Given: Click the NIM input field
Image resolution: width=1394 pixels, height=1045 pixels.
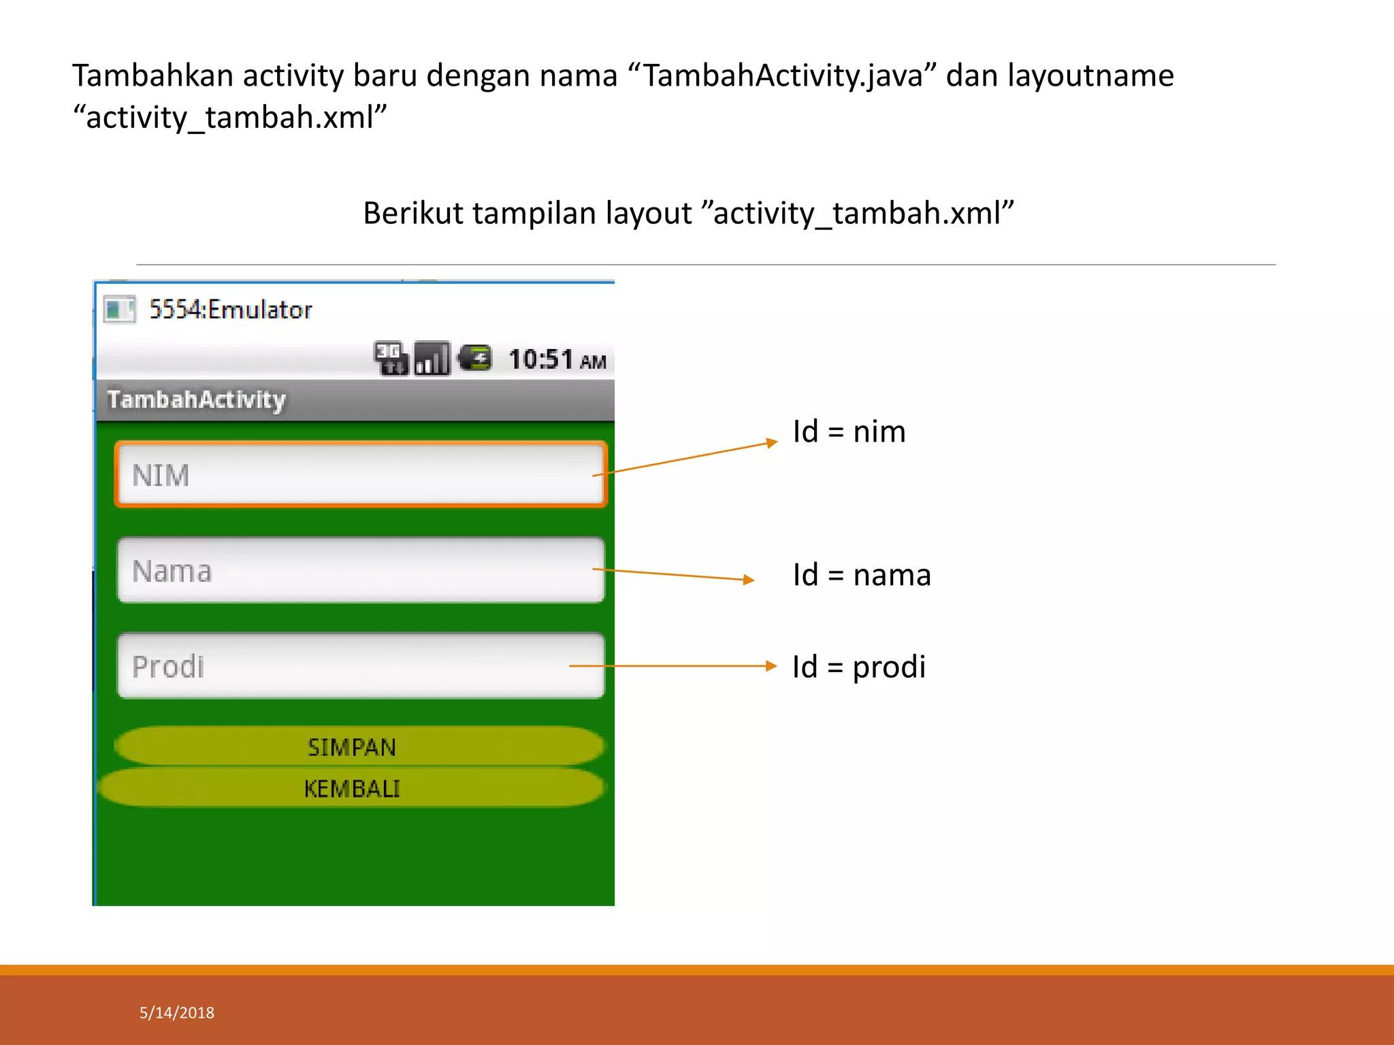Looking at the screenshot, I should point(361,474).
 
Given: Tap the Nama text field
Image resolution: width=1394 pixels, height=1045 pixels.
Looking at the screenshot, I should point(361,570).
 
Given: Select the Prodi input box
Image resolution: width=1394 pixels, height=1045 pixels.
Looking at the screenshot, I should point(361,665).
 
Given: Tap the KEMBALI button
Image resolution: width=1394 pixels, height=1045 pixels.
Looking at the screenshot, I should point(352,789).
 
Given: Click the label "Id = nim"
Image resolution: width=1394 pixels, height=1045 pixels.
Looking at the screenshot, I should point(849,432).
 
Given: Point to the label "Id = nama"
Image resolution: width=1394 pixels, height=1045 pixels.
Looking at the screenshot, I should point(861,575).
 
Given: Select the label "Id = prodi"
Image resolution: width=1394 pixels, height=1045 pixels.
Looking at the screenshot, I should point(858,667).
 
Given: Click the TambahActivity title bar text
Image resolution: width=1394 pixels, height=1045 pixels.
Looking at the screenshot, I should point(197,399).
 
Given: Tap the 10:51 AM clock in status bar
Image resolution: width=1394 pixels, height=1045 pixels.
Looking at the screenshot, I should point(557,359).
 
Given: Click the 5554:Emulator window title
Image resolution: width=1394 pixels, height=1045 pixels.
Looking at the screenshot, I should point(230,310).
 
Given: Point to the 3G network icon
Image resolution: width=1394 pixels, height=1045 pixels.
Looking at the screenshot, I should point(391,359).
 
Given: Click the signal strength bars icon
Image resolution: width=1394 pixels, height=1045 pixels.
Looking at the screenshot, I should point(432,359).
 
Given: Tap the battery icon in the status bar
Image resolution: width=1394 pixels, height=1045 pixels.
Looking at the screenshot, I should point(474,358).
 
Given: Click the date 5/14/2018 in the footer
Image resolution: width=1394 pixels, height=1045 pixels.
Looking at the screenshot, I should point(177,1013).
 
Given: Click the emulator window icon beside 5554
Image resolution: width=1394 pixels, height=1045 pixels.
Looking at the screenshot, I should point(120,310).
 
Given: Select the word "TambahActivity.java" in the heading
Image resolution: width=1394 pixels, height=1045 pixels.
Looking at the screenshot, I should point(783,76).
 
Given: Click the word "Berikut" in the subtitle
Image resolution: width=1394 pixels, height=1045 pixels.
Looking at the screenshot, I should point(413,213).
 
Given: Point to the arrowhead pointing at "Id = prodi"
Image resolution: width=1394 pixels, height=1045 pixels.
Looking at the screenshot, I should point(771,666).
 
